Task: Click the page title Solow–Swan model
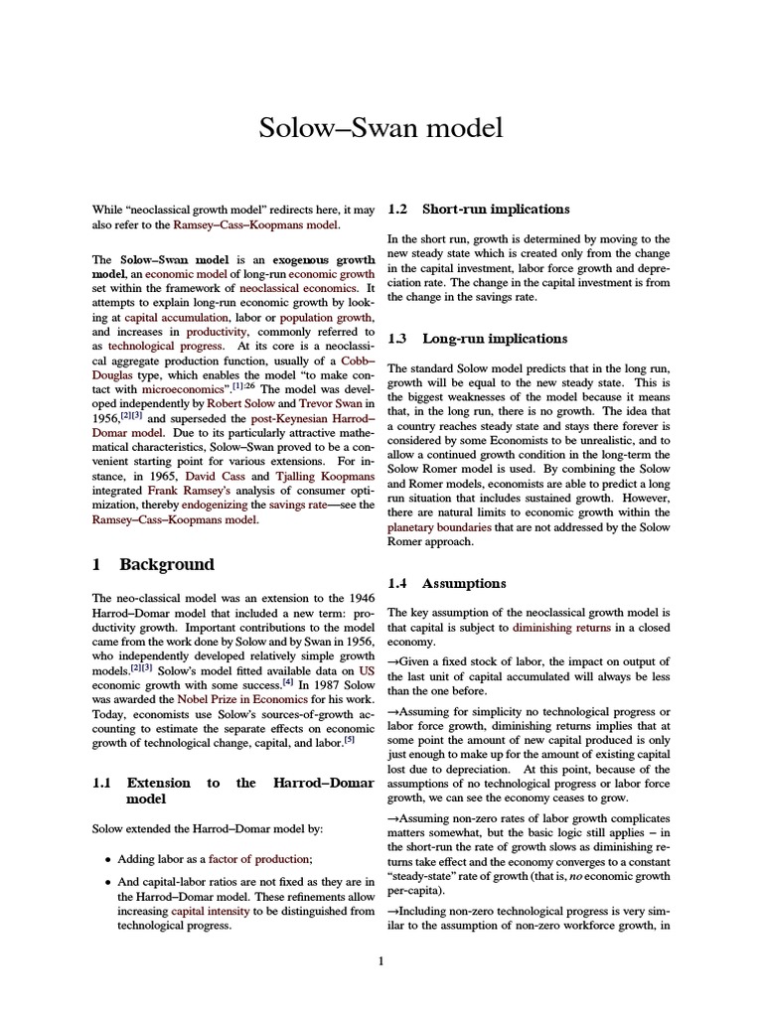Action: (381, 128)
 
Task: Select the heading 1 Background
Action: (152, 564)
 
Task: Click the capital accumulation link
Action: (161, 314)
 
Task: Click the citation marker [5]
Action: (349, 737)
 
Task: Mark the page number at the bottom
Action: (381, 960)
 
